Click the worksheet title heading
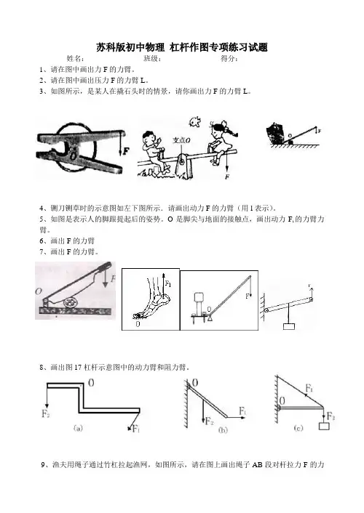[x=182, y=47]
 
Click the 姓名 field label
[x=76, y=59]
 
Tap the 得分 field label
[x=229, y=59]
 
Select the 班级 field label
[x=152, y=59]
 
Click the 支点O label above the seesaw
[x=182, y=140]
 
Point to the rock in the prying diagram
[x=275, y=133]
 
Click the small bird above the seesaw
[x=194, y=121]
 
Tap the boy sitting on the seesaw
[x=154, y=150]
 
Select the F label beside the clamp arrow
[x=126, y=151]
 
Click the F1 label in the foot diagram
[x=168, y=284]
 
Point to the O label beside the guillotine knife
[x=39, y=291]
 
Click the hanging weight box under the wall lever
[x=288, y=326]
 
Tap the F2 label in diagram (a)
[x=46, y=413]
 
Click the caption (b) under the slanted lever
[x=223, y=429]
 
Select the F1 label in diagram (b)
[x=242, y=411]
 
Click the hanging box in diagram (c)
[x=324, y=426]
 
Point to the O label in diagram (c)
[x=282, y=400]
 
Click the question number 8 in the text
[x=41, y=367]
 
